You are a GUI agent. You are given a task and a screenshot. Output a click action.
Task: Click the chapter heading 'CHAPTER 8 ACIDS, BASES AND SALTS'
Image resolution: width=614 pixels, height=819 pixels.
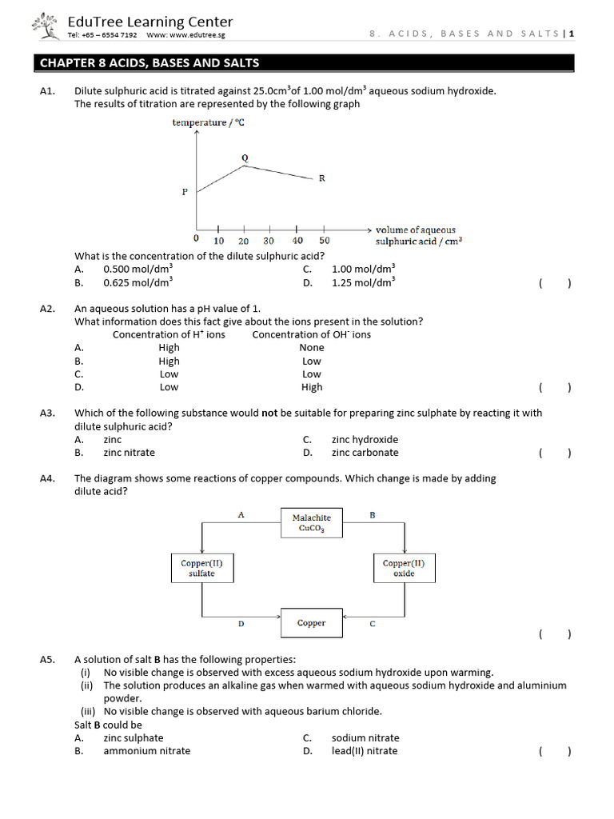click(150, 63)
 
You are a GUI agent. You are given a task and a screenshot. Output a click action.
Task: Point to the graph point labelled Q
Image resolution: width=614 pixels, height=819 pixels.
click(245, 158)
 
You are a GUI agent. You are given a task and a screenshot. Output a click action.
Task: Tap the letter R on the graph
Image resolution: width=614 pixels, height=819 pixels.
click(321, 178)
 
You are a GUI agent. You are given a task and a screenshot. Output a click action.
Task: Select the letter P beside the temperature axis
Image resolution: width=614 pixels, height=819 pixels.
click(185, 192)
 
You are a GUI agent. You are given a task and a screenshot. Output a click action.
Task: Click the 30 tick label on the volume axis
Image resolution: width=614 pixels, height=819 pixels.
click(269, 241)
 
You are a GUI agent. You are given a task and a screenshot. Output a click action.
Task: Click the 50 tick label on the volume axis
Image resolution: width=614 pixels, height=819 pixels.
click(324, 241)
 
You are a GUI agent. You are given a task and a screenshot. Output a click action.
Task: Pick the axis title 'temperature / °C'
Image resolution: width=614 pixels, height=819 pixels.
click(209, 122)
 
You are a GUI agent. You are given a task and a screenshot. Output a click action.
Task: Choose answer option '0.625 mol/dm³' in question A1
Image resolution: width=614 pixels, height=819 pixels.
click(138, 282)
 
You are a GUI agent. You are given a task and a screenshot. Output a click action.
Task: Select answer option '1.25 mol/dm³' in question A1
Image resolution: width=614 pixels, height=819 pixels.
click(363, 282)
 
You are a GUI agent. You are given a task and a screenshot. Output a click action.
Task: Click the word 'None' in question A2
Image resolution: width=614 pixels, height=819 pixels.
click(312, 348)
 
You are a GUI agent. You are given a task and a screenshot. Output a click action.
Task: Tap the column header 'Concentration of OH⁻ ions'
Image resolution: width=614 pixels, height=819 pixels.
click(311, 334)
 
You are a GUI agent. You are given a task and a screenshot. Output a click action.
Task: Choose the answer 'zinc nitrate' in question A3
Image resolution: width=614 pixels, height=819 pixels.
click(129, 453)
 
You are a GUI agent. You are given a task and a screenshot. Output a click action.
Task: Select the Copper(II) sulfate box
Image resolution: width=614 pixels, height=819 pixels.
click(201, 568)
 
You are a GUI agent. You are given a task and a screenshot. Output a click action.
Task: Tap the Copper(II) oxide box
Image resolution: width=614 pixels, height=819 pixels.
click(404, 568)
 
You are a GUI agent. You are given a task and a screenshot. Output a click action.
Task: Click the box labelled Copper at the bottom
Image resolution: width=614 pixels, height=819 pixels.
click(311, 623)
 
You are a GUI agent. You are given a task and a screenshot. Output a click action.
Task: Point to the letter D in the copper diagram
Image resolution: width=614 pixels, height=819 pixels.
click(241, 624)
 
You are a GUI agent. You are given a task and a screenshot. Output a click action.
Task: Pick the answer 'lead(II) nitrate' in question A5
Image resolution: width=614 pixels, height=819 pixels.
click(364, 751)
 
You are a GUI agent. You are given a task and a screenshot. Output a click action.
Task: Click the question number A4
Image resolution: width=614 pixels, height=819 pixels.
click(46, 478)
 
